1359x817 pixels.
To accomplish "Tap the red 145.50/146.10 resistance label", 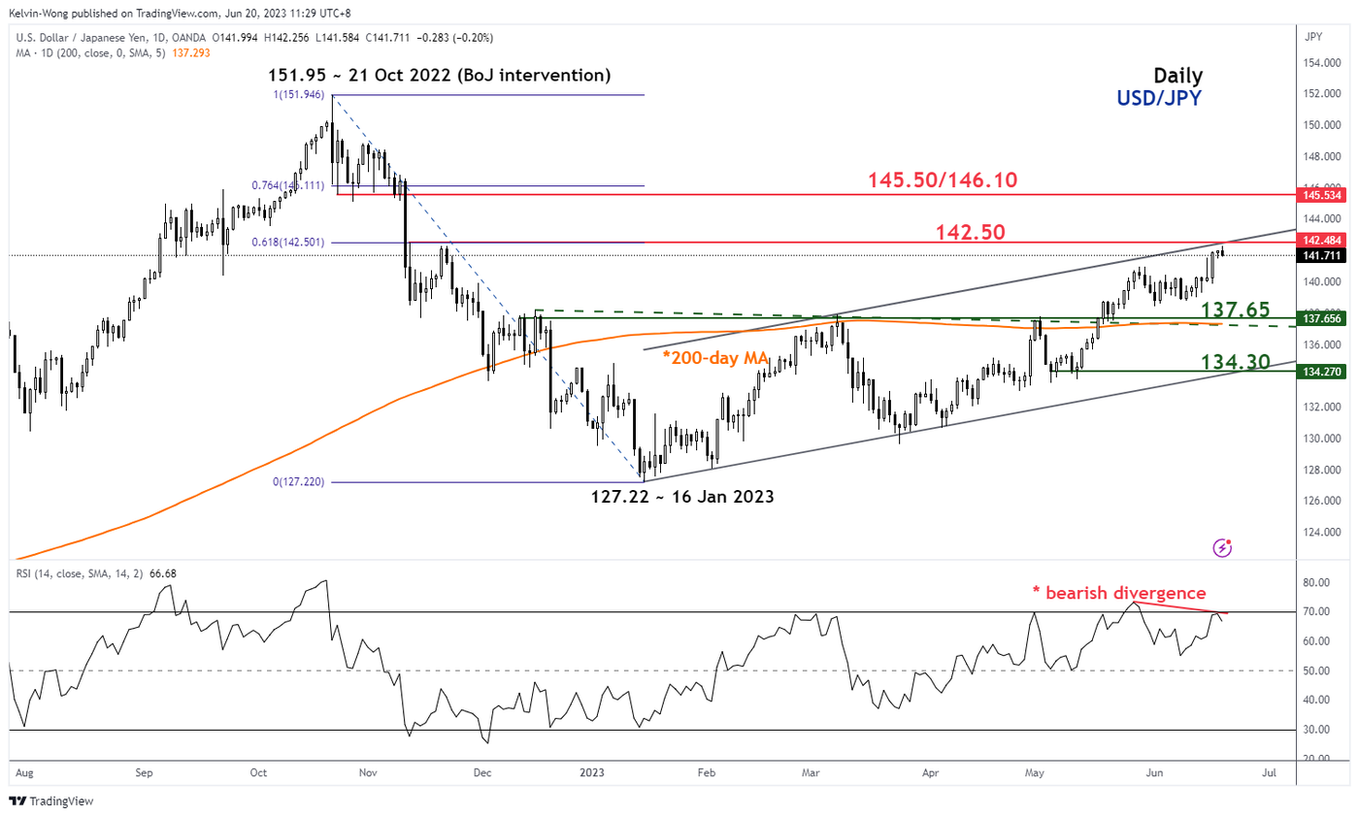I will click(x=942, y=180).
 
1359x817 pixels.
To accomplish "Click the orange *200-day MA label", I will click(x=715, y=359).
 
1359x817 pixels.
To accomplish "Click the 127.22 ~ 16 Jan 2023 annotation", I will click(x=683, y=496).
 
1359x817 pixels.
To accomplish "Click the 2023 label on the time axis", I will click(x=591, y=773).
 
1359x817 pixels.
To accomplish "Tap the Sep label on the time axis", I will click(x=144, y=773).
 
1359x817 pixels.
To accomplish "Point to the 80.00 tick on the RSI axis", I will click(x=1316, y=582).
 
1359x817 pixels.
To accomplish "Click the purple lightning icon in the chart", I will click(x=1222, y=548).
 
